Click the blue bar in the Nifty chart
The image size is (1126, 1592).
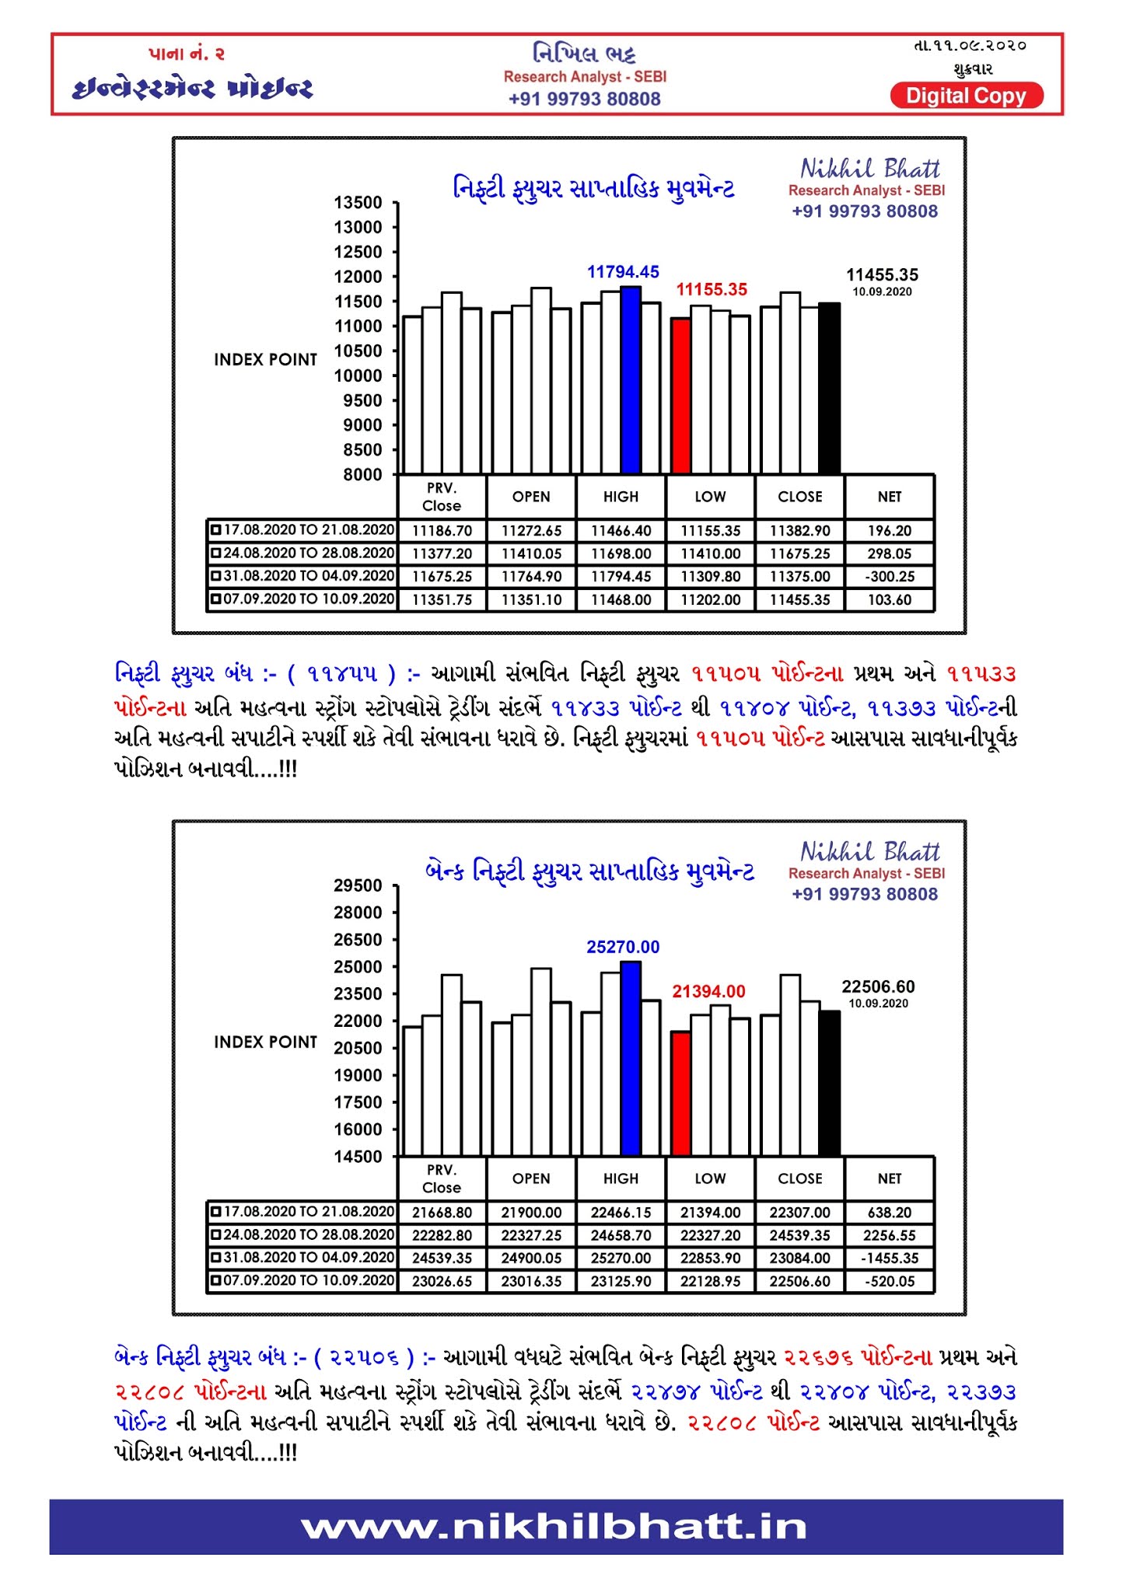click(631, 381)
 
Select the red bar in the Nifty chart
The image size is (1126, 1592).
click(681, 396)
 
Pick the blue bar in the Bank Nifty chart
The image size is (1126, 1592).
click(631, 1059)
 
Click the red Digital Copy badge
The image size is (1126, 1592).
click(966, 96)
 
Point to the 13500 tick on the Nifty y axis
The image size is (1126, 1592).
click(358, 203)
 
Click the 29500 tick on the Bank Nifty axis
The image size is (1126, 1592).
click(358, 885)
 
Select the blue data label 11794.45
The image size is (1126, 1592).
click(623, 272)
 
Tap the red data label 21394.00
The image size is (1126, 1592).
click(708, 991)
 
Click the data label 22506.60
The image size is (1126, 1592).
click(878, 986)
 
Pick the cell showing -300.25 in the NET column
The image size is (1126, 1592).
click(890, 577)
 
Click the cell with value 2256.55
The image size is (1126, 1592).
click(890, 1235)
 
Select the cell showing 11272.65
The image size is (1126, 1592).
click(531, 531)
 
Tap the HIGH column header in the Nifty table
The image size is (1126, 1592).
click(621, 497)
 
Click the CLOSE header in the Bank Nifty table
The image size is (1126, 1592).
click(799, 1178)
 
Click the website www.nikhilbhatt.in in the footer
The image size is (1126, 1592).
click(555, 1527)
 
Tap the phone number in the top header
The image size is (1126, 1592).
click(584, 99)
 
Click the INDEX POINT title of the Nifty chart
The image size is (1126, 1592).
click(266, 360)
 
